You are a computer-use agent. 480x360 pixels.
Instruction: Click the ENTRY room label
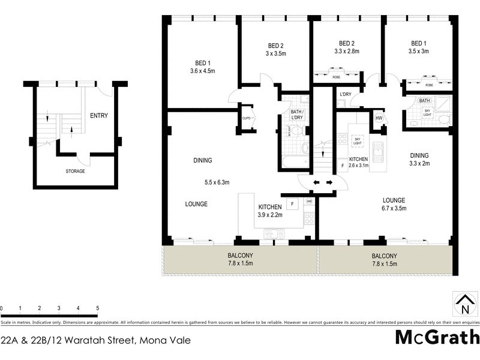(x=98, y=116)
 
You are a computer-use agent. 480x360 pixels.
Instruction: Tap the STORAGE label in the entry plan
(x=76, y=172)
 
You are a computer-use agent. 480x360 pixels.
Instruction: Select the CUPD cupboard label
(x=246, y=118)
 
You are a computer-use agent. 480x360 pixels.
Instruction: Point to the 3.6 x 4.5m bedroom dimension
(x=198, y=71)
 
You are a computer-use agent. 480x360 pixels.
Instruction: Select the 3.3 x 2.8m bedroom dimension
(x=347, y=52)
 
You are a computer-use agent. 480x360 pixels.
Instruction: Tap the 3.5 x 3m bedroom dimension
(x=418, y=52)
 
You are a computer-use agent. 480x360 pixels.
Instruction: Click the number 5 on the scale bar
(x=97, y=308)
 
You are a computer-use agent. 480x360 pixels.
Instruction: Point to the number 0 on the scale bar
(x=2, y=308)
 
